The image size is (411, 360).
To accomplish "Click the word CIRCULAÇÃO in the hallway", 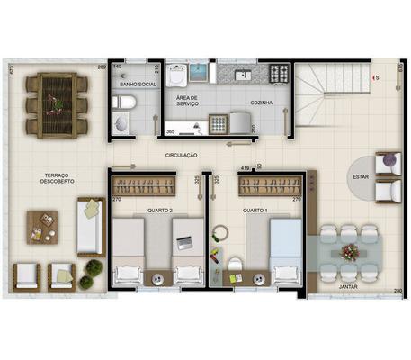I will (x=182, y=155).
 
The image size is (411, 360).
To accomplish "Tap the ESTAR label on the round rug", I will (x=361, y=176).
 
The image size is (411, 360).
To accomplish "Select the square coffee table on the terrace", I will (x=41, y=226).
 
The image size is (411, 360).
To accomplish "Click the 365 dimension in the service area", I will (x=171, y=132).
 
